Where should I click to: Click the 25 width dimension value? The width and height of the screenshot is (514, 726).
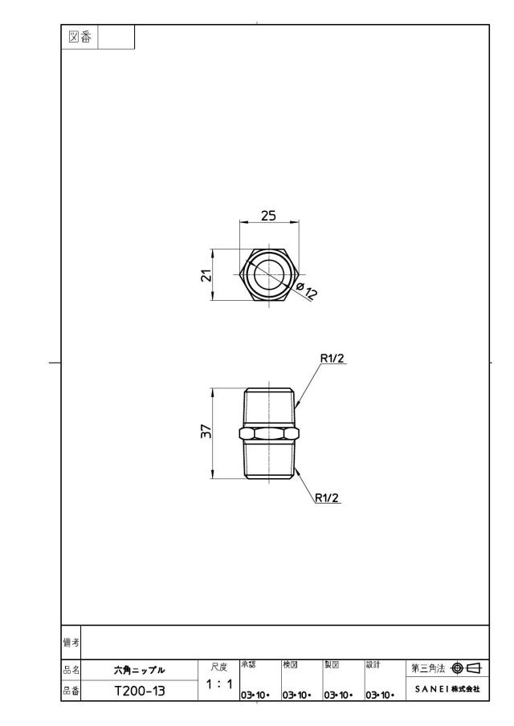click(268, 216)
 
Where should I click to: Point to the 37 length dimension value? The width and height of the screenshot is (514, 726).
click(207, 431)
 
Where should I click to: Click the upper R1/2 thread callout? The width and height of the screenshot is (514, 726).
click(332, 359)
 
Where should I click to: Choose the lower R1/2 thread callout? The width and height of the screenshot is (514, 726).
click(327, 498)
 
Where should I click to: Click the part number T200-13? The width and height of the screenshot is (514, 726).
click(140, 692)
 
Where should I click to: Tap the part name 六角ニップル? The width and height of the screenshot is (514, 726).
click(140, 670)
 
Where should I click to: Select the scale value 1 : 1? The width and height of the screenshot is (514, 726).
click(218, 683)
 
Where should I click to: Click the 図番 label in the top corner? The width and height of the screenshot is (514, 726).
click(80, 37)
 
